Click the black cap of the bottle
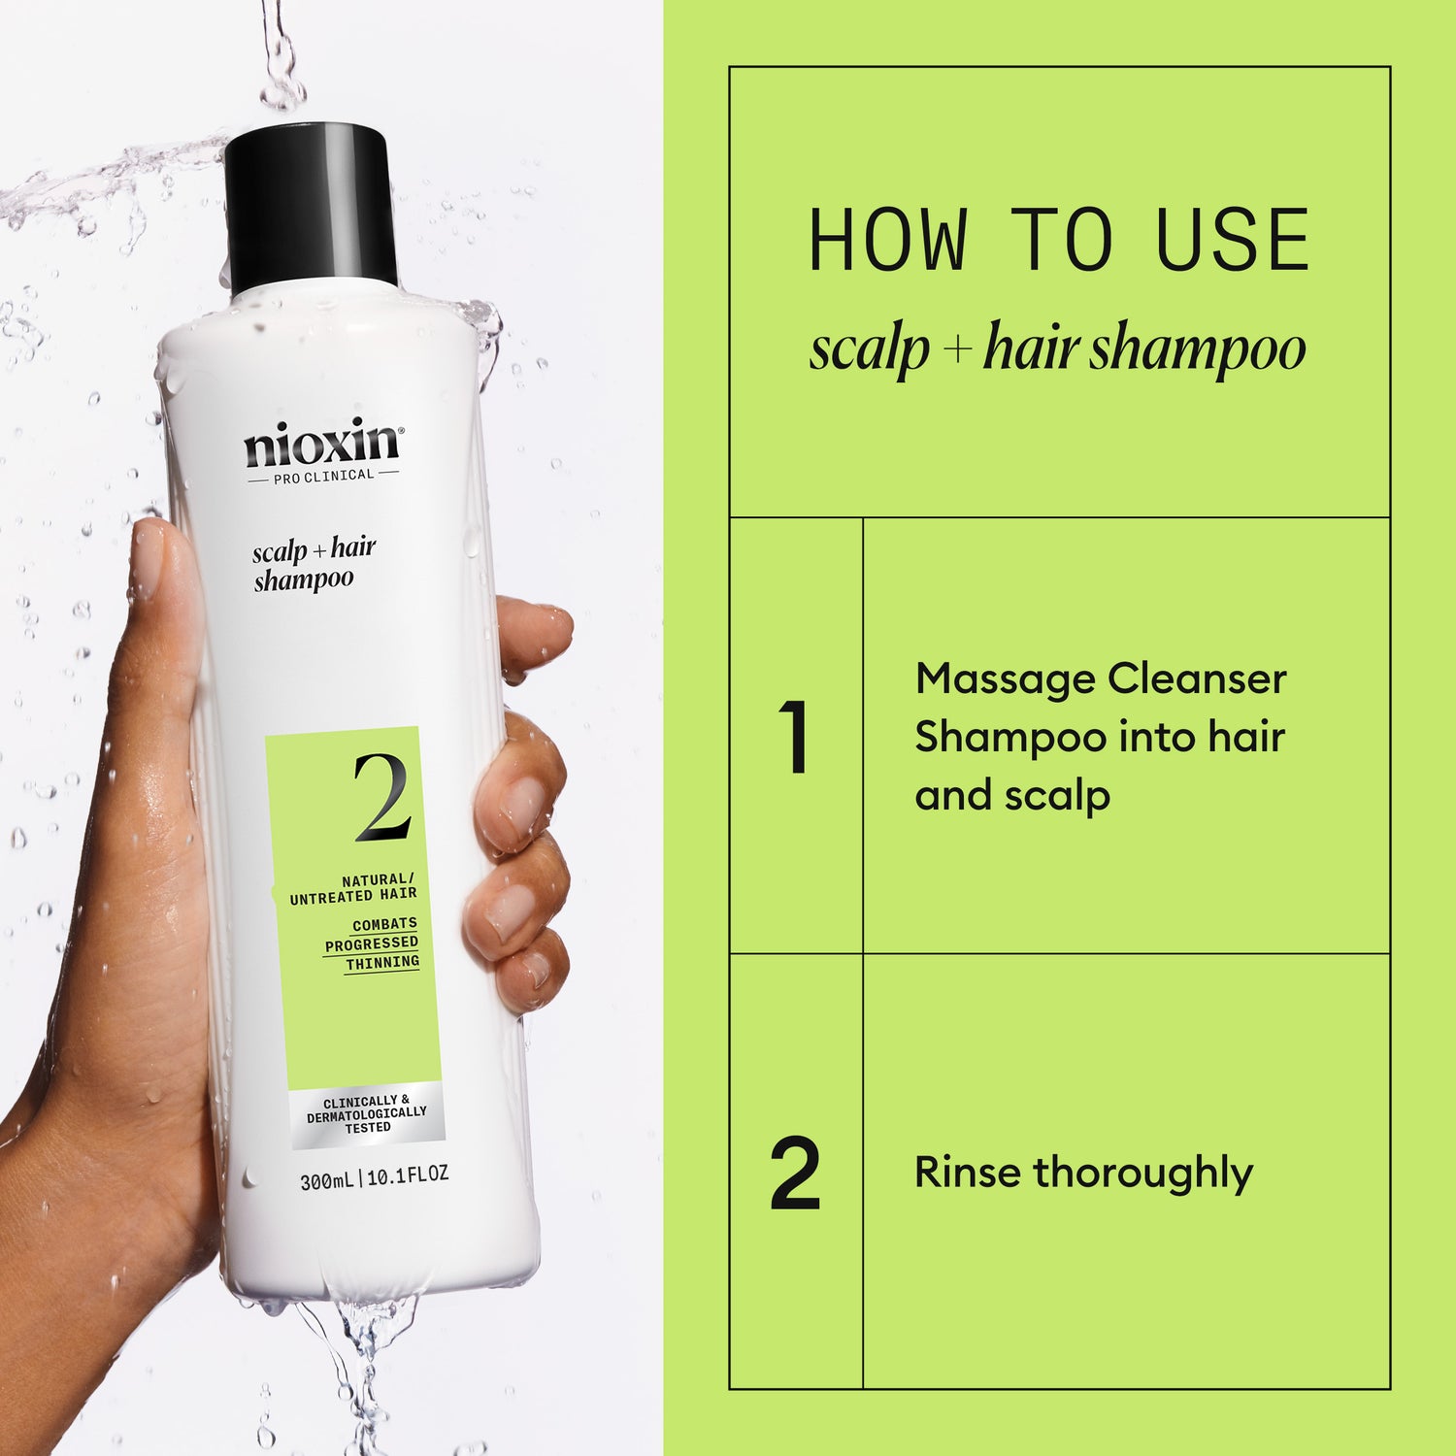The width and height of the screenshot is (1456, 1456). click(311, 209)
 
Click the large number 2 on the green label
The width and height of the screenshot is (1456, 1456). click(381, 798)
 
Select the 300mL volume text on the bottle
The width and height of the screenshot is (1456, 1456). click(326, 1180)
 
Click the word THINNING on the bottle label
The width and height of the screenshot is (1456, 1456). click(382, 962)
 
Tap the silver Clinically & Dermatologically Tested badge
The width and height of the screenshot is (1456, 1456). click(367, 1114)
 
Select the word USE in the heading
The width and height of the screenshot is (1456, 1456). click(1233, 241)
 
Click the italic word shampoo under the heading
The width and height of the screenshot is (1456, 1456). click(1197, 349)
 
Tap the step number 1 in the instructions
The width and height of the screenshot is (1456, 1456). click(795, 737)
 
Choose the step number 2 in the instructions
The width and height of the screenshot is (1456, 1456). click(795, 1175)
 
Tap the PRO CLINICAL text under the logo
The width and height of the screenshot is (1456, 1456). click(322, 475)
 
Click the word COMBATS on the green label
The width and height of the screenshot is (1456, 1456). click(384, 924)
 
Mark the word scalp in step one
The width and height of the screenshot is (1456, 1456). click(1057, 797)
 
